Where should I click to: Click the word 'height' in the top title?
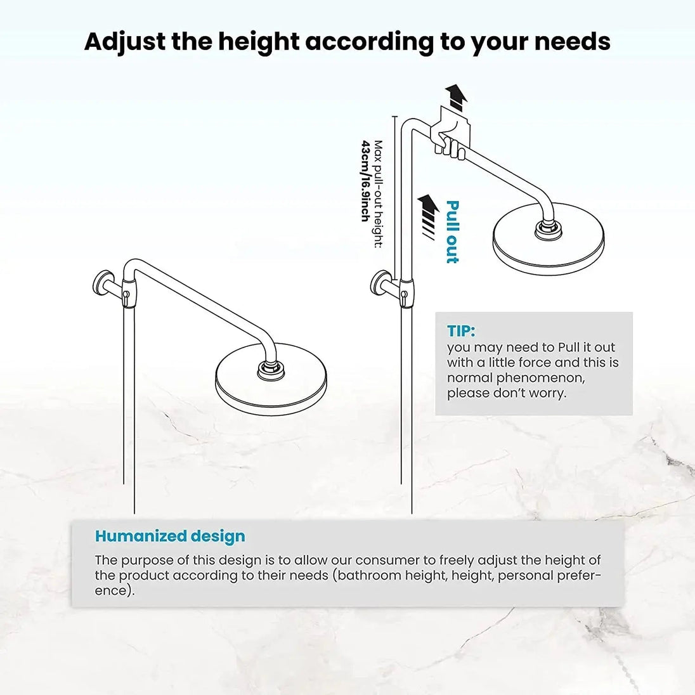click(x=256, y=42)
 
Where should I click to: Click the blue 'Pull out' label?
click(x=451, y=231)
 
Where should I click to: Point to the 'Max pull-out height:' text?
click(x=379, y=193)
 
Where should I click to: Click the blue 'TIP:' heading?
click(x=461, y=331)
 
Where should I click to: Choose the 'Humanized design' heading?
click(x=170, y=536)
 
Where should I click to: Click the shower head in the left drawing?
click(x=267, y=383)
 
